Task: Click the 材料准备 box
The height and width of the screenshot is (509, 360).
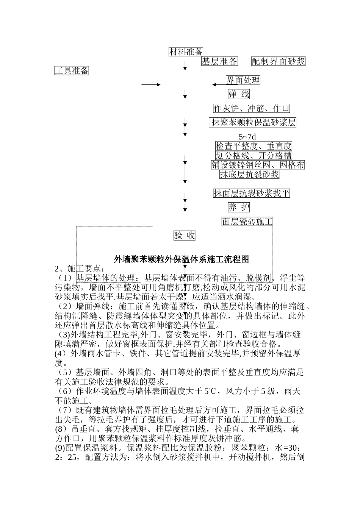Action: click(186, 52)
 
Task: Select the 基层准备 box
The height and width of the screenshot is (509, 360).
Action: click(219, 61)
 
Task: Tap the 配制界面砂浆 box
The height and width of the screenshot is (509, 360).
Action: click(279, 61)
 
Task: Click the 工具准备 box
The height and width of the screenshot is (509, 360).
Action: click(72, 70)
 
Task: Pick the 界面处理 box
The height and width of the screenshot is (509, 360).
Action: click(243, 80)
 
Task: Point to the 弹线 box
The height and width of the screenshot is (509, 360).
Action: click(239, 94)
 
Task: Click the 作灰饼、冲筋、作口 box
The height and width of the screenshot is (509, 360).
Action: click(252, 108)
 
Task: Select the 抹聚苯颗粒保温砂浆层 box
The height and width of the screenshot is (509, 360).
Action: click(253, 122)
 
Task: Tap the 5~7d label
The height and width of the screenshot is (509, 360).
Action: click(247, 137)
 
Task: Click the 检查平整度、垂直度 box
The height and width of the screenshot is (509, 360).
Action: click(254, 146)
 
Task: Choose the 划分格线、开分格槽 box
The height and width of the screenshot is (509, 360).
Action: click(254, 155)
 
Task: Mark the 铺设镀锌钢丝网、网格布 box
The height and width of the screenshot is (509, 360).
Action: click(258, 165)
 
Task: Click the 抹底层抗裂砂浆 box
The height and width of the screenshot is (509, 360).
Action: click(249, 174)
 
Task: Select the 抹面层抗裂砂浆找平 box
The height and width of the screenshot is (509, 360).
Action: click(252, 193)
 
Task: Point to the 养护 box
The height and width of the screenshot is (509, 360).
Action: click(239, 207)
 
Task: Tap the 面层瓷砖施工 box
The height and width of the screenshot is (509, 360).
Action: click(247, 222)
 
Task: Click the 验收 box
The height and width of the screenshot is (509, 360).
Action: click(185, 236)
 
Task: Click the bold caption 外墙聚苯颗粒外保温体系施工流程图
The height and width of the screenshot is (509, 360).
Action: click(181, 259)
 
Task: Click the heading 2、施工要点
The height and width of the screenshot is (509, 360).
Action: click(78, 269)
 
